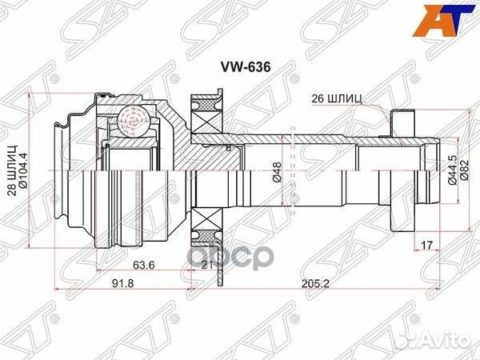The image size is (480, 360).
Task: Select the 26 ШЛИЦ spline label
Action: coord(335,100)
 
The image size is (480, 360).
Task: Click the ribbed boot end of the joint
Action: coord(67,171)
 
